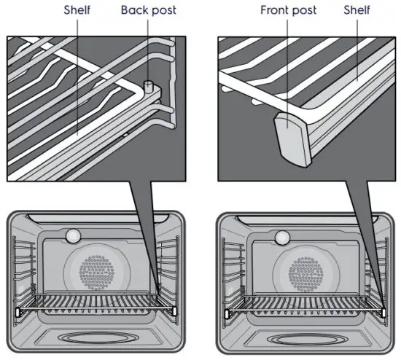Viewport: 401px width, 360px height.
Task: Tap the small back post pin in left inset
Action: pos(148,86)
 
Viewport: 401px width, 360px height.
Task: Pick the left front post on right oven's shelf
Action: pos(226,313)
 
